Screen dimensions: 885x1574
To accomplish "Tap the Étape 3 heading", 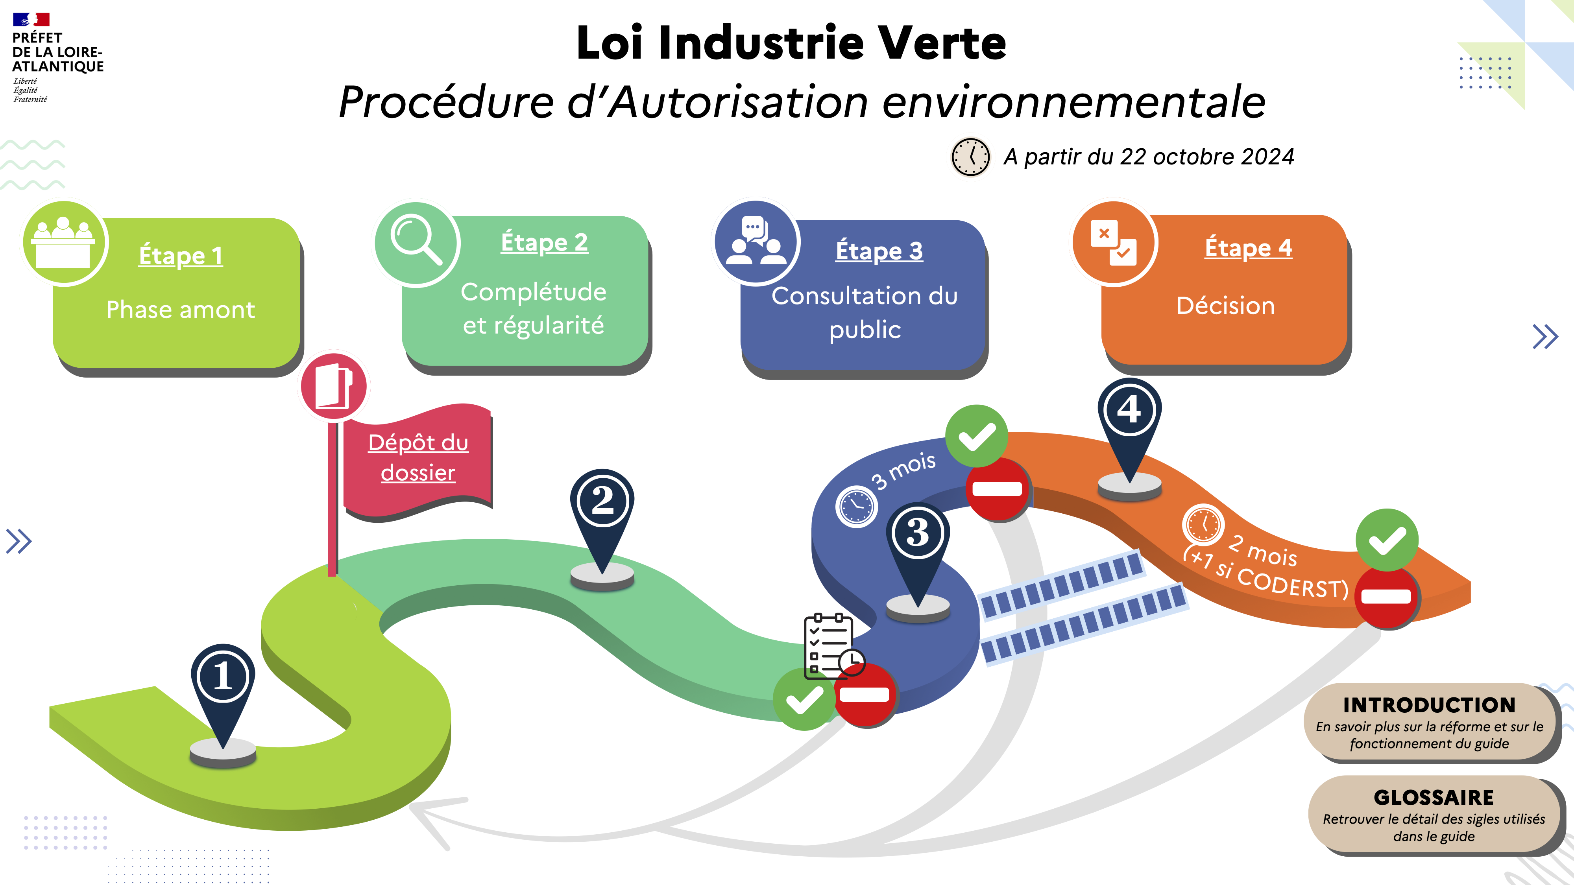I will (x=879, y=251).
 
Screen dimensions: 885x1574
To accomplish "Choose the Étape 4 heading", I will (x=1248, y=248).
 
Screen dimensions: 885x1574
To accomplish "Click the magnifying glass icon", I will (x=416, y=242).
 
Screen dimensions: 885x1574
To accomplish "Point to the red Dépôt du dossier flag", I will (x=418, y=458).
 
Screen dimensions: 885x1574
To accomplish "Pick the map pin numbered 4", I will (x=1129, y=410).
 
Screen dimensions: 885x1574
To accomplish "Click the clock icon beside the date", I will (x=970, y=157).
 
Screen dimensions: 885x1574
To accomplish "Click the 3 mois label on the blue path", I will (x=903, y=471).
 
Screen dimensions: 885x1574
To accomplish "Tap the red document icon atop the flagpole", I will (x=334, y=386).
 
